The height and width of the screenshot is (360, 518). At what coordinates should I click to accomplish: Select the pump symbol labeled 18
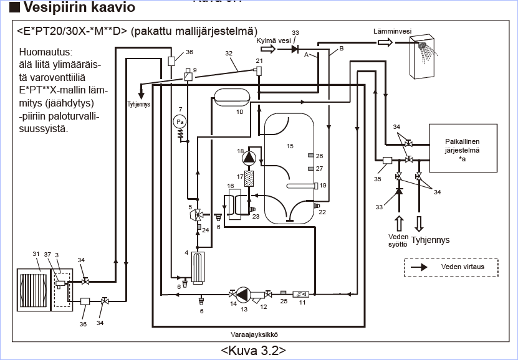pos(249,157)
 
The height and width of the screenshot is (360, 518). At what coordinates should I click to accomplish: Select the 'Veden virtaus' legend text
pos(462,267)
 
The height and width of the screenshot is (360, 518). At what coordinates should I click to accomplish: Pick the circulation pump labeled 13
pos(243,294)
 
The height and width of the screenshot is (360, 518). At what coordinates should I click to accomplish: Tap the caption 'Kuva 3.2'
pos(253,349)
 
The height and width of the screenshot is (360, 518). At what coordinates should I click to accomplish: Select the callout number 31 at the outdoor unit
pos(36,253)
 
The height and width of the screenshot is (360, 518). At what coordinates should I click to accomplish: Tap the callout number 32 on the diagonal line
pos(228,54)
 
